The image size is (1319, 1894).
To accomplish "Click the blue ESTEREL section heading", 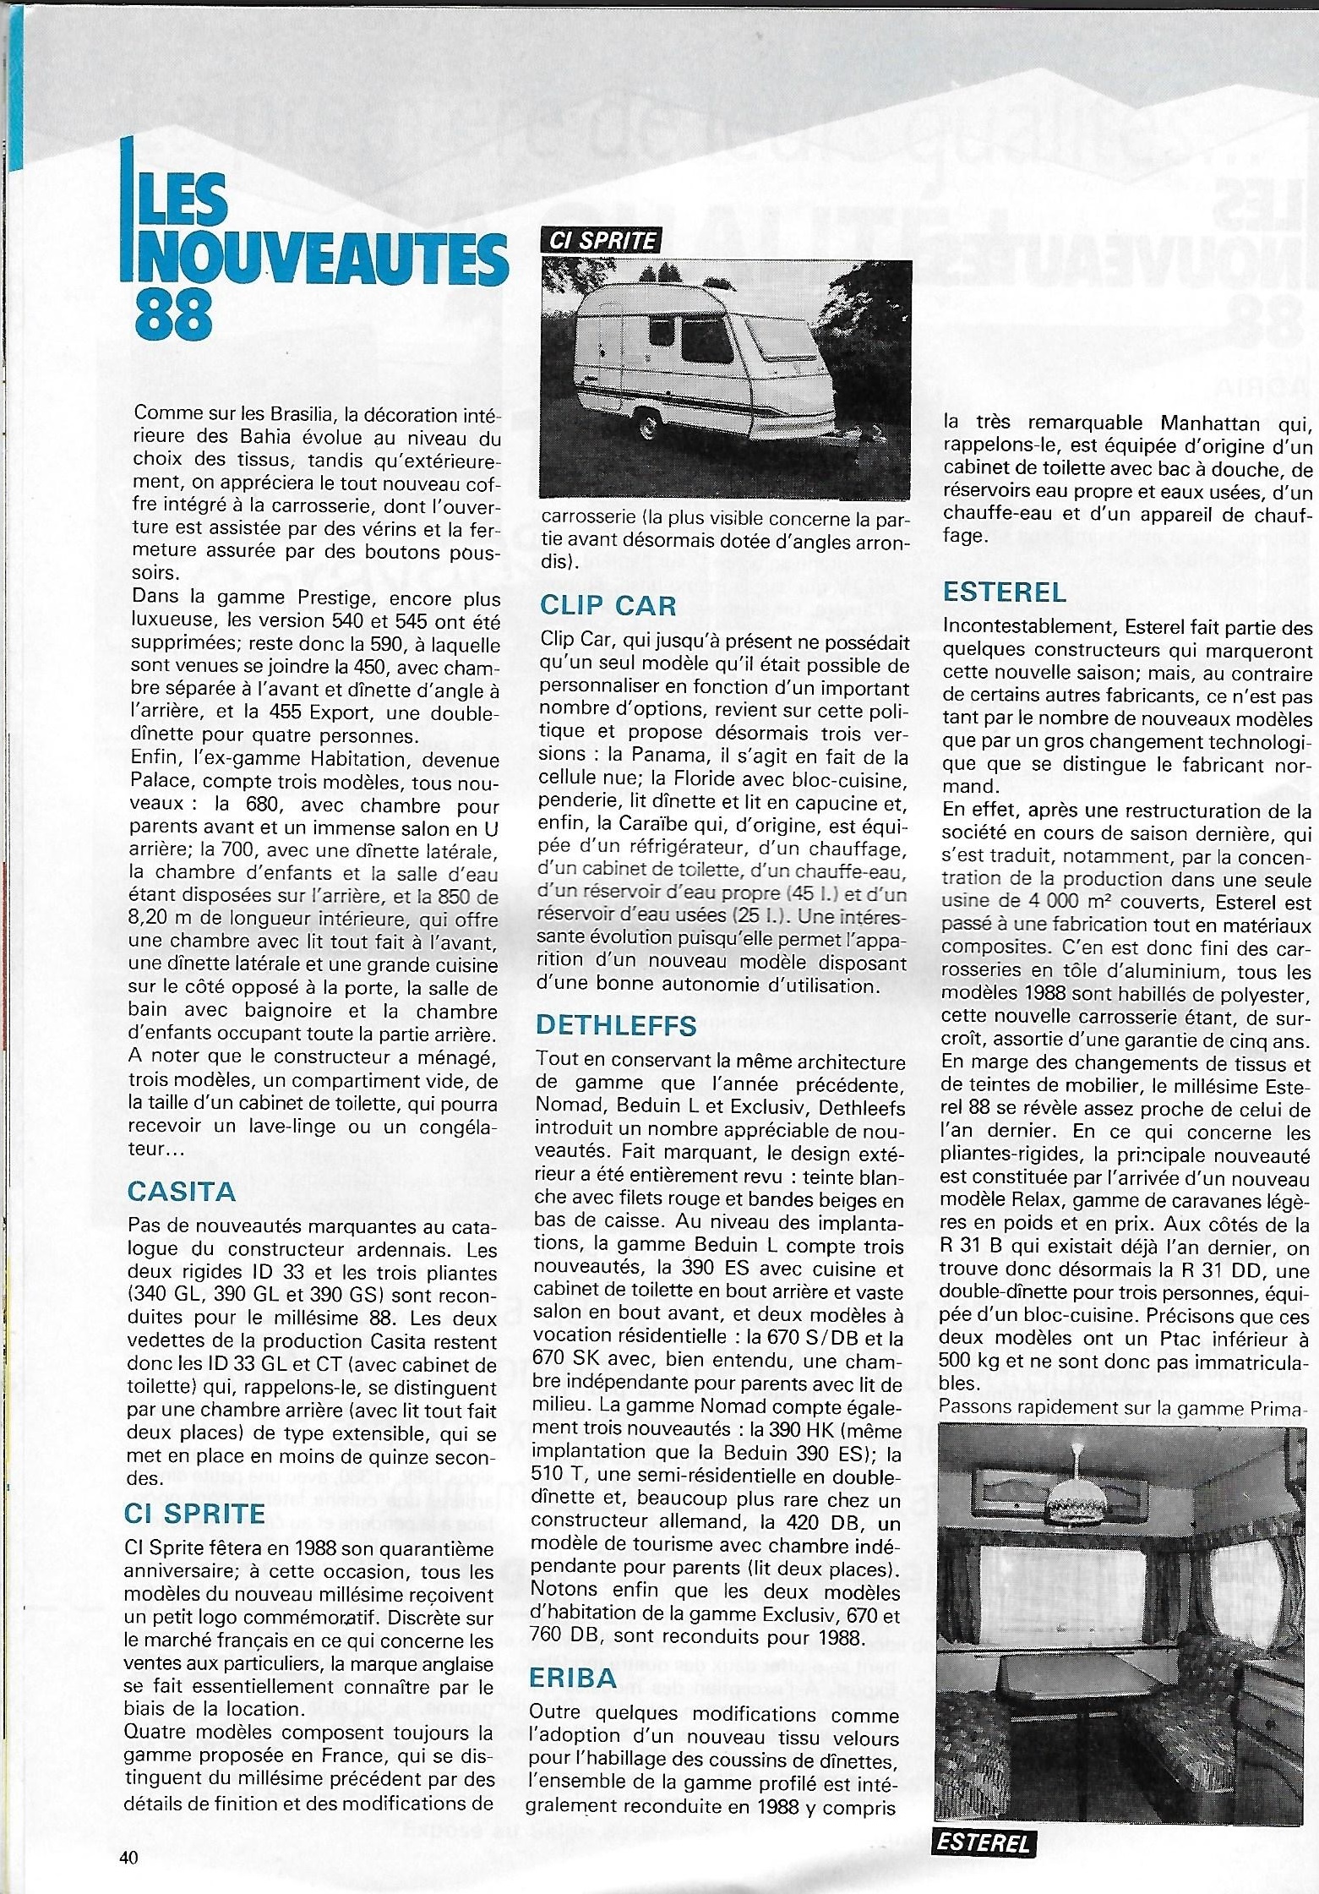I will [x=1005, y=592].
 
